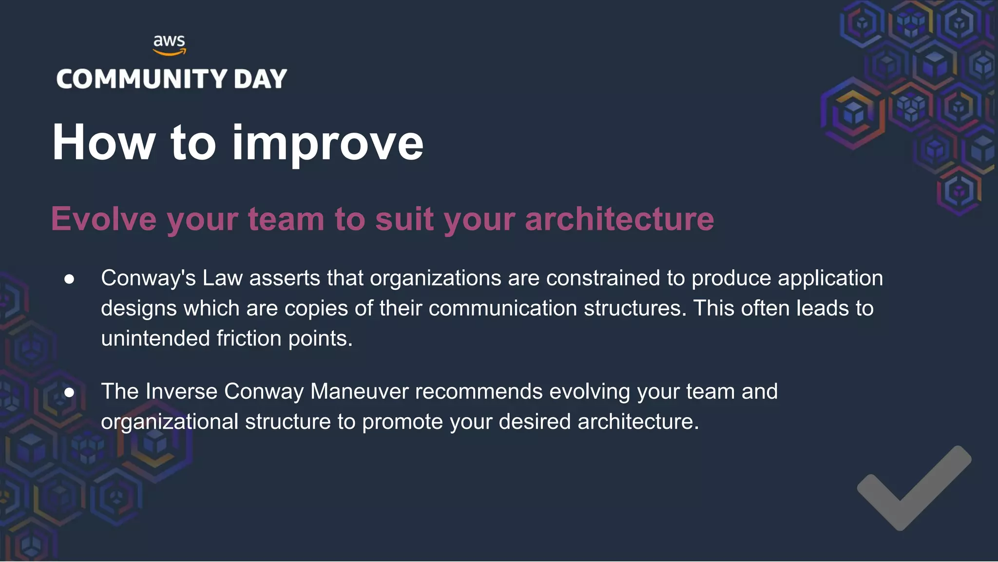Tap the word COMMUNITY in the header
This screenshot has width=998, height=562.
point(142,79)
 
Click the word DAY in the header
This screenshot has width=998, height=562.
point(260,79)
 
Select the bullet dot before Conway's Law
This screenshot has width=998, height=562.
point(69,279)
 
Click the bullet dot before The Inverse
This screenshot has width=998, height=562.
point(69,392)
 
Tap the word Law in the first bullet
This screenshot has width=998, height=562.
point(222,278)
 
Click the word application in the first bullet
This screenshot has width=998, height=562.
point(830,278)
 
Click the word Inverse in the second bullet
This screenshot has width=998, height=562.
point(181,391)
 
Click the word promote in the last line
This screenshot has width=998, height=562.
point(403,421)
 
